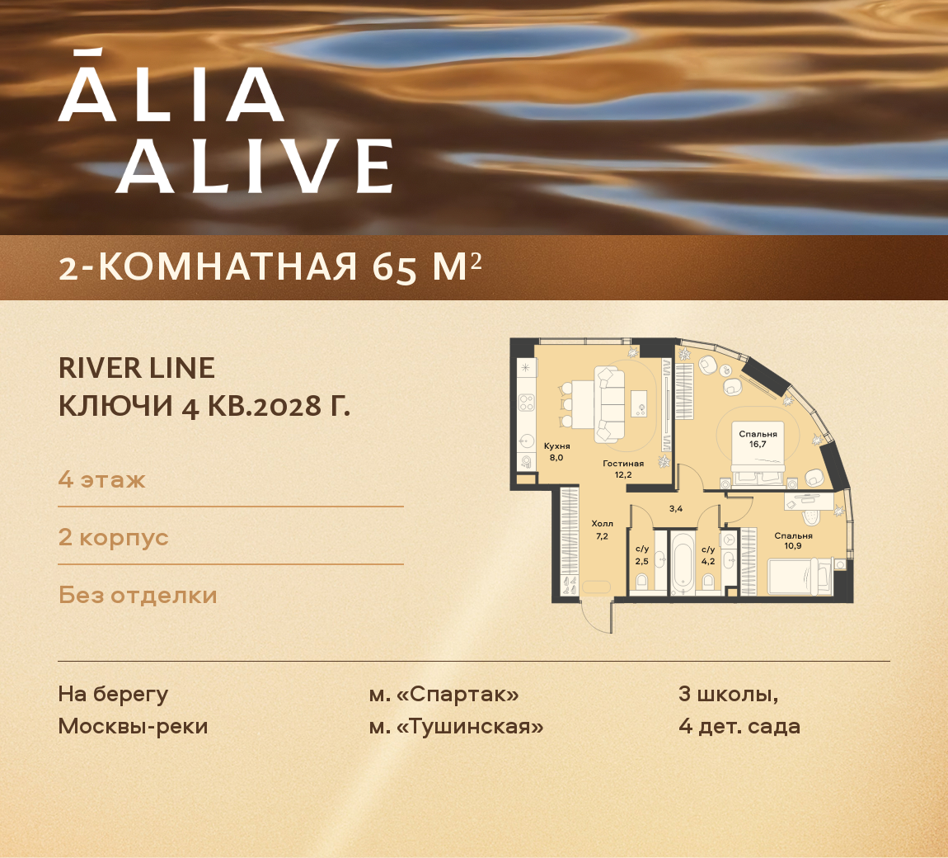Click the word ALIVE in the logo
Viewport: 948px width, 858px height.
(255, 165)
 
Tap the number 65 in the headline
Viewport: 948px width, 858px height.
(394, 267)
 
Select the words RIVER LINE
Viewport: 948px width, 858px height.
(137, 368)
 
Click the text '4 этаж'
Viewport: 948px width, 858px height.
(101, 480)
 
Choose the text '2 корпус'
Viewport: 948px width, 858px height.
(113, 537)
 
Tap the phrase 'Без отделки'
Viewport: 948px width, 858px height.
(138, 596)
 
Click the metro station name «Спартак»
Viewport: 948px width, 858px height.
(457, 694)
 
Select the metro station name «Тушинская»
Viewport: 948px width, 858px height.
(469, 726)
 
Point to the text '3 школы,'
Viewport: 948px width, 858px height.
(729, 694)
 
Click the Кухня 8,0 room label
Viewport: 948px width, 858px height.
(556, 451)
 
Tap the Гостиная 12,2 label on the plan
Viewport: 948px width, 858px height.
(623, 469)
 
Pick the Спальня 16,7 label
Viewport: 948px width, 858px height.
(758, 439)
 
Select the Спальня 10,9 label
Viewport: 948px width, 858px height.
(793, 540)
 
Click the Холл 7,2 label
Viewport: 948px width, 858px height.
(602, 530)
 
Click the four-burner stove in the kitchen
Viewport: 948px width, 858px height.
(527, 403)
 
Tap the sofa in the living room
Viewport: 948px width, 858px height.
(609, 404)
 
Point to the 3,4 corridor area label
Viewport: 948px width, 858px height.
(676, 509)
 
